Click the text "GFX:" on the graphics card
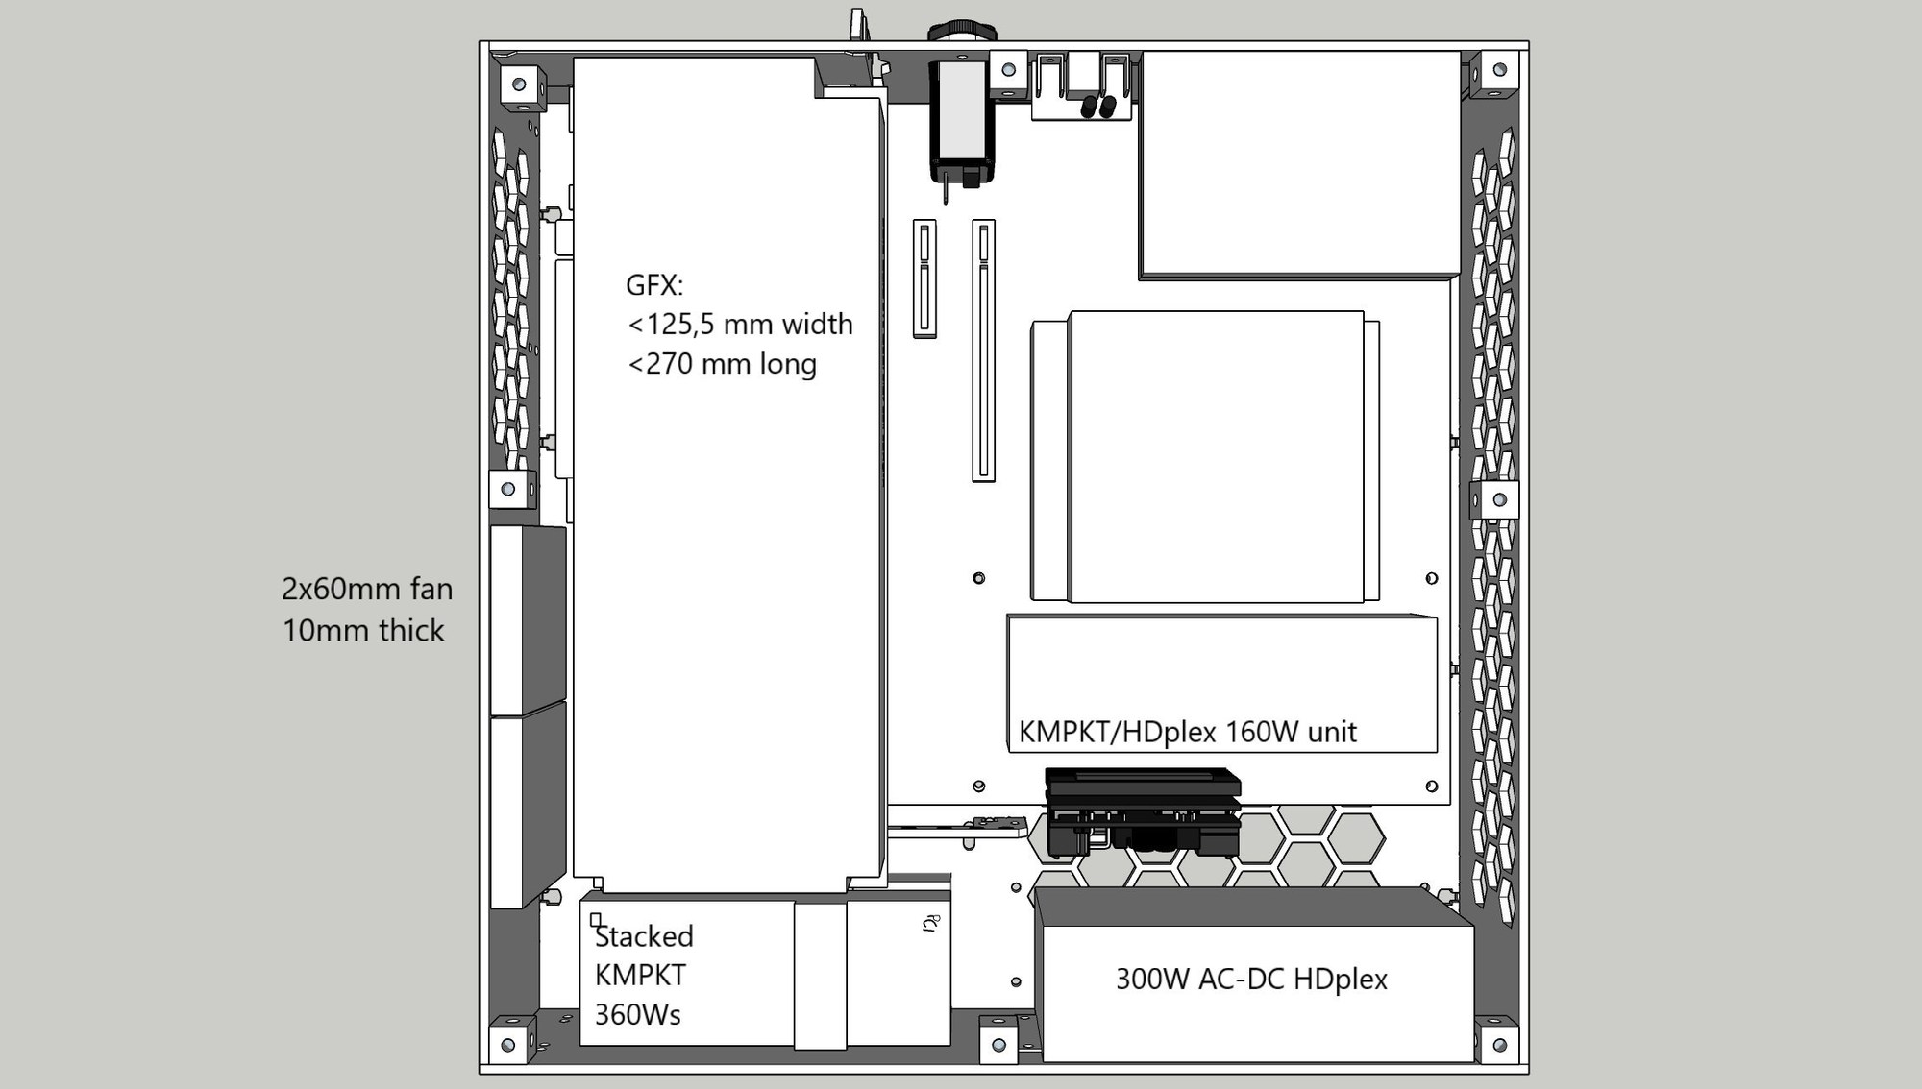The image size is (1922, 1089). point(653,285)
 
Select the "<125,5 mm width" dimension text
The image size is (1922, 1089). point(740,325)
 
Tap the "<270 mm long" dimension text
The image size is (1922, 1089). point(722,364)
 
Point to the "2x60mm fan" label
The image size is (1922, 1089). point(367,589)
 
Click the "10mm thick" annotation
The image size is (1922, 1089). point(363,630)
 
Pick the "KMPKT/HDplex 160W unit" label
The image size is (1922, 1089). point(1187,732)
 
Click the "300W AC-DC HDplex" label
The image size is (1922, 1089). point(1251,980)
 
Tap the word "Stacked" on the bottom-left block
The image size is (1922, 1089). point(644,936)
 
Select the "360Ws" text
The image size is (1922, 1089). point(637,1014)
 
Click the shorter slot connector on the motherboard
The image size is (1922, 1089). point(924,278)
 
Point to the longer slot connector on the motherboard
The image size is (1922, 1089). point(983,351)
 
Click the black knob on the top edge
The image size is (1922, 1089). point(962,31)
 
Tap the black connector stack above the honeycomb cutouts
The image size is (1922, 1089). point(1143,812)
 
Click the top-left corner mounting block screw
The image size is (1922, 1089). point(519,85)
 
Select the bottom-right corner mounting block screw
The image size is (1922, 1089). point(1500,1045)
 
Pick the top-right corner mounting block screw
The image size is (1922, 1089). point(1500,69)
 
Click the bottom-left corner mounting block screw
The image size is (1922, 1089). point(508,1045)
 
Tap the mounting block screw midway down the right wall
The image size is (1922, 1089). point(1499,499)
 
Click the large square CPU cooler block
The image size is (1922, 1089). point(1216,457)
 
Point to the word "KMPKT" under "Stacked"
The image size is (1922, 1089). point(640,975)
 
